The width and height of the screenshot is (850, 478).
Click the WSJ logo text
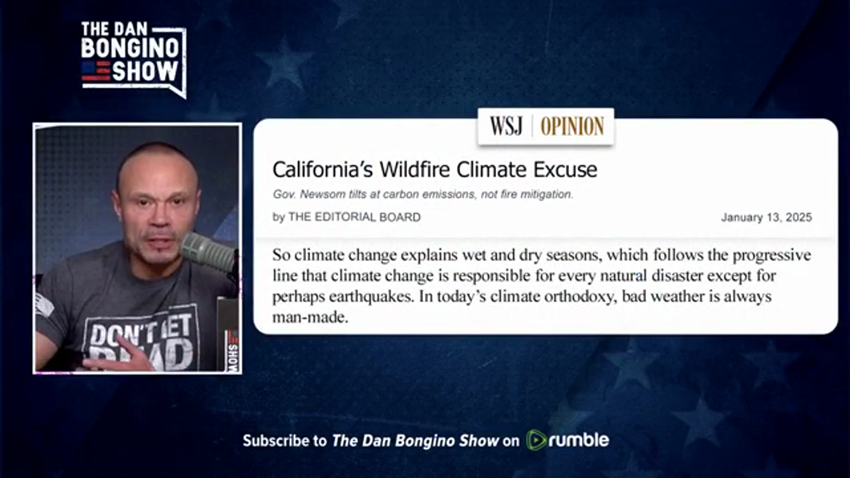(x=506, y=126)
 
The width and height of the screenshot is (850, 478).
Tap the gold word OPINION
(x=572, y=126)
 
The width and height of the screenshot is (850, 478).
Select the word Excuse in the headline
(x=565, y=169)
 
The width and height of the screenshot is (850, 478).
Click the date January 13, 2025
(x=766, y=217)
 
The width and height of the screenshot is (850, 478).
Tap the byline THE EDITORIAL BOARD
(x=355, y=217)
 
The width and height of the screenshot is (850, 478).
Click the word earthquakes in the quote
(x=371, y=297)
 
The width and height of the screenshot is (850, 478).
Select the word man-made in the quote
(x=310, y=317)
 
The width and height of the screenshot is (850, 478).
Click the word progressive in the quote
(x=772, y=256)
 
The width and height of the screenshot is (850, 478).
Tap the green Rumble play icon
(x=536, y=440)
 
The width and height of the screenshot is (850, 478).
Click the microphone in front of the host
(x=208, y=252)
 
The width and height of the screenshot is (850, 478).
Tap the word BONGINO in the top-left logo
(x=130, y=48)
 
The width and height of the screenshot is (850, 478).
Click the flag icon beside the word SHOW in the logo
(x=96, y=71)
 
